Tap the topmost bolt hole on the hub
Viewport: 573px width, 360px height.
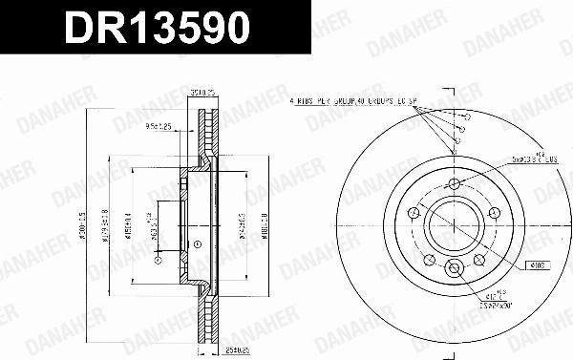pyautogui.click(x=455, y=182)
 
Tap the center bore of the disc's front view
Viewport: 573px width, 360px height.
pyautogui.click(x=455, y=226)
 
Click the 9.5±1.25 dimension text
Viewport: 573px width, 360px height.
pyautogui.click(x=159, y=125)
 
